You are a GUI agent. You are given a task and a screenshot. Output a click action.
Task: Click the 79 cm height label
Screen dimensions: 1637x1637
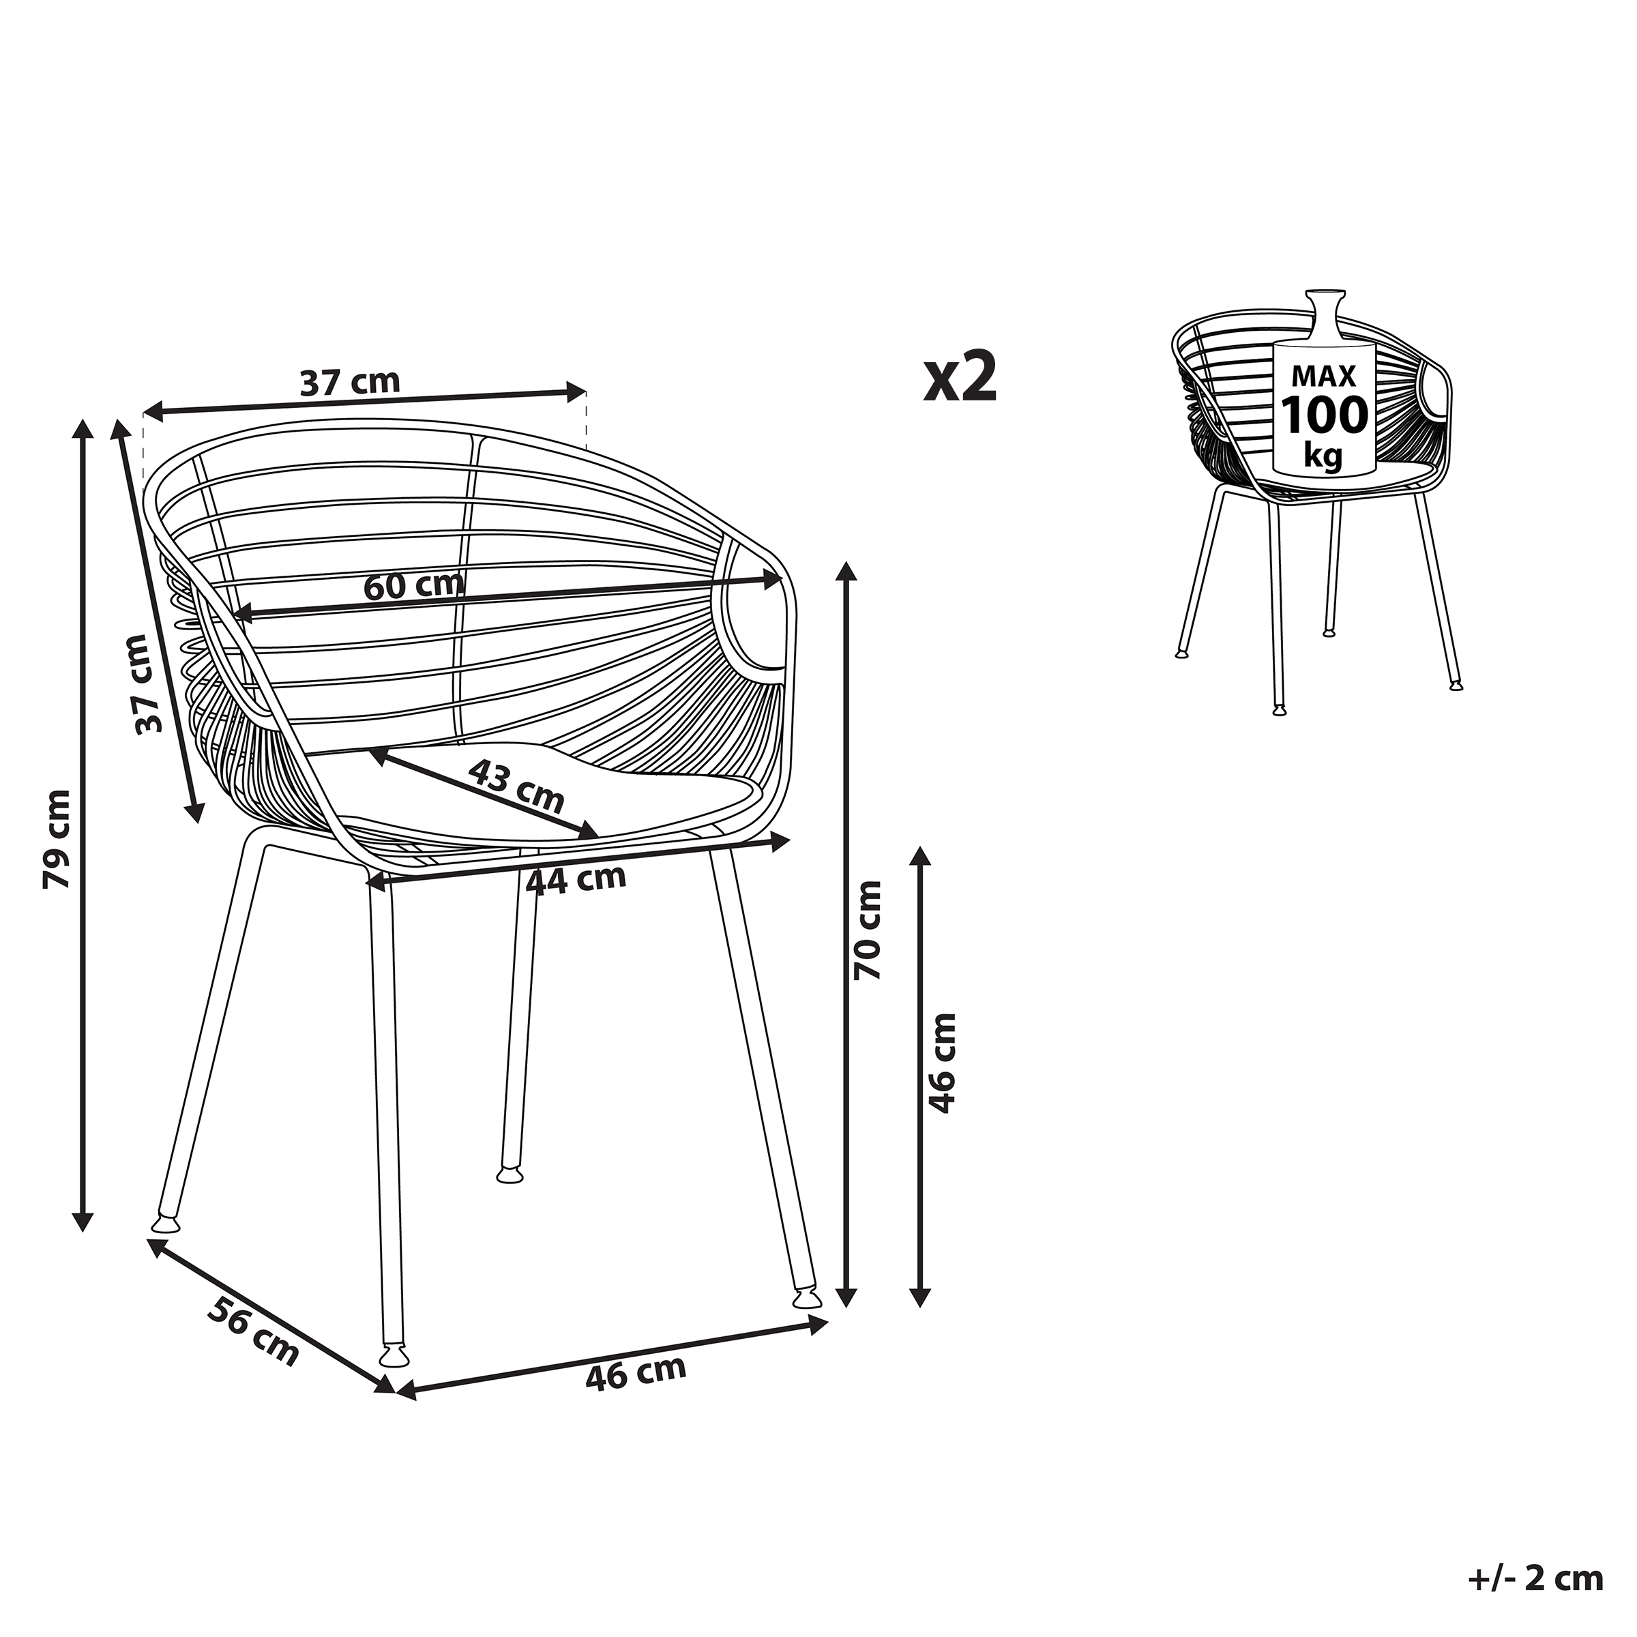57,840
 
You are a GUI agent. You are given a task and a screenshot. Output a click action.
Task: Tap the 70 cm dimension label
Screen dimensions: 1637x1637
867,931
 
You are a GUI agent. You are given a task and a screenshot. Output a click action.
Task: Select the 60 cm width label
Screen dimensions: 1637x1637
414,585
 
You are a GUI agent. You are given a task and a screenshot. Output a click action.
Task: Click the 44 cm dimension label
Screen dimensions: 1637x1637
576,879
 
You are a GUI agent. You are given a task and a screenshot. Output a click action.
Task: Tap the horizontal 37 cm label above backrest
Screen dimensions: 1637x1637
350,382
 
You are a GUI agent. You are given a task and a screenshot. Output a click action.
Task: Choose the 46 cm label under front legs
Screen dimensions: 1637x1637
636,1374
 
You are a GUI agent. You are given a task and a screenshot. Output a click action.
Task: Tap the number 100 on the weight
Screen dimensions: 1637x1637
1323,415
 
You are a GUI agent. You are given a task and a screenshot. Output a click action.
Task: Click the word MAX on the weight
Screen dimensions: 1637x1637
1323,375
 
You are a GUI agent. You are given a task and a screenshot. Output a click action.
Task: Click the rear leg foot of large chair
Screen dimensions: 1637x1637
510,1175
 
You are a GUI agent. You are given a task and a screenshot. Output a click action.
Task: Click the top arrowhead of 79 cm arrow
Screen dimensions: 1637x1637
82,428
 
